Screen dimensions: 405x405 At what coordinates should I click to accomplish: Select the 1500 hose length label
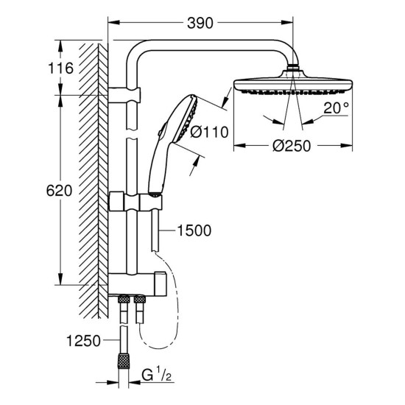(194, 231)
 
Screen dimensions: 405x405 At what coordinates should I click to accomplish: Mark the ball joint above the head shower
(295, 69)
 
